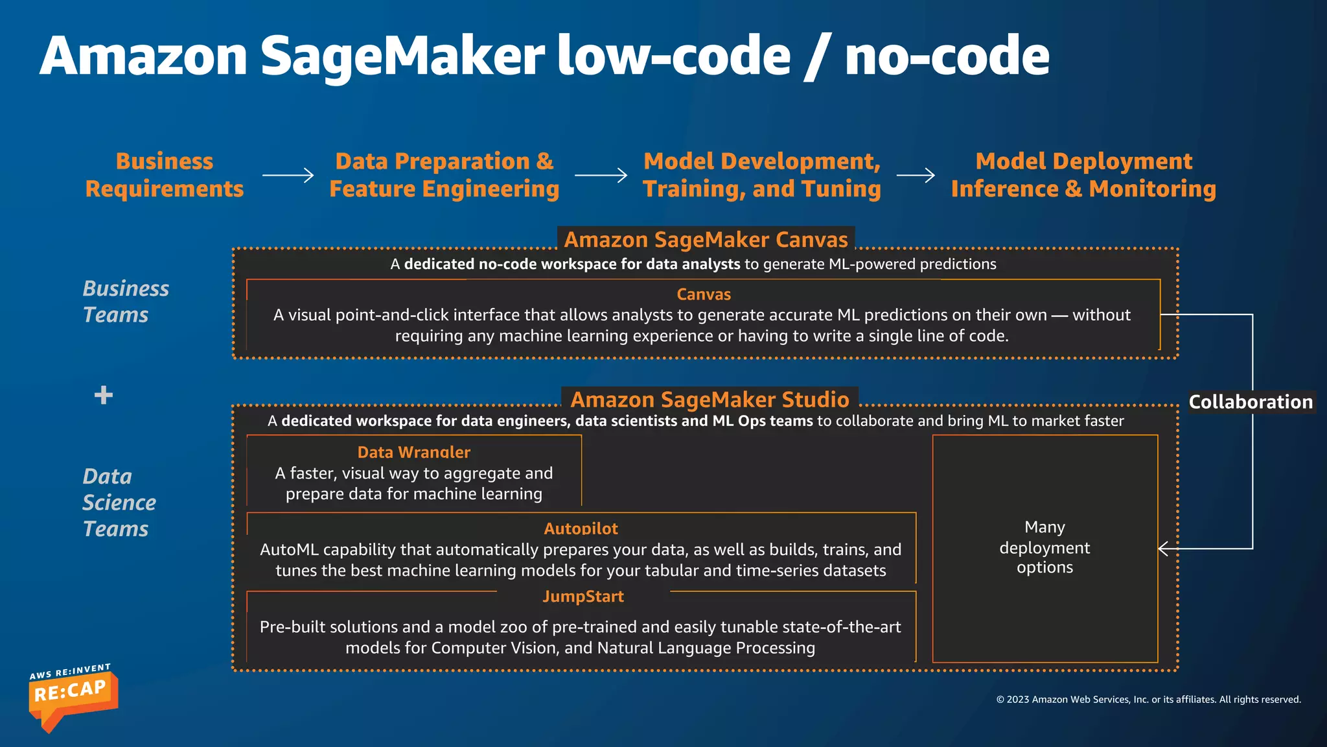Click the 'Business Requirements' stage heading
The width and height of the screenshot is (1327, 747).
(x=165, y=175)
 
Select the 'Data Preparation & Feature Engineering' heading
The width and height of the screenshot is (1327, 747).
(x=444, y=175)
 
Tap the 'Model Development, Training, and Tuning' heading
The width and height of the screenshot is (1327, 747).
(x=762, y=175)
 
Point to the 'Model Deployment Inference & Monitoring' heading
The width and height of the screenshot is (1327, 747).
(x=1083, y=175)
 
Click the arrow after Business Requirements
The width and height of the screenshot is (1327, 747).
(x=288, y=175)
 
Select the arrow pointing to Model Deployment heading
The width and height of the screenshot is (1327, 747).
(x=916, y=175)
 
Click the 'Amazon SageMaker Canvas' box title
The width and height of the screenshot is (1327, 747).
(x=706, y=240)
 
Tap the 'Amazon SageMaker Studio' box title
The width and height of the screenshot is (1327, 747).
(x=710, y=399)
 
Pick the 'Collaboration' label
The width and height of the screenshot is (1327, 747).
(x=1251, y=402)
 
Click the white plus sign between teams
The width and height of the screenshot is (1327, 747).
(x=104, y=395)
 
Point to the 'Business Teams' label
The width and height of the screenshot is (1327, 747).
(x=126, y=302)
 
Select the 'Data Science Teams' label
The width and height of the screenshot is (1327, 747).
(x=119, y=503)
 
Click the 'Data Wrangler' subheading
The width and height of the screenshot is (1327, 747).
(x=414, y=452)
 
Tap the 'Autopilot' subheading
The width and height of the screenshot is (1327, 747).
(x=581, y=528)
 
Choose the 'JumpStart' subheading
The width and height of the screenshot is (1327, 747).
(x=583, y=597)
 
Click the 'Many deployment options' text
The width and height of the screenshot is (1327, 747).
(x=1044, y=547)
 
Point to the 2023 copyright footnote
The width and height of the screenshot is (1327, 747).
(x=1148, y=700)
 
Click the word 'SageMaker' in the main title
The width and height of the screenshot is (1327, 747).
(x=402, y=56)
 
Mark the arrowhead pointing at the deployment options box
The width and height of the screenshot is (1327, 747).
(x=1163, y=549)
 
